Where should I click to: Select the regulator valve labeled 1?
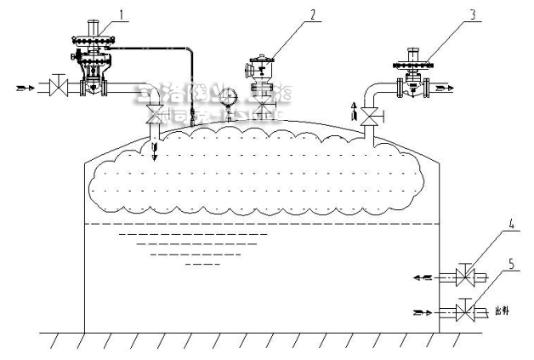(95, 64)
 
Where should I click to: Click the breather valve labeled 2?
(263, 77)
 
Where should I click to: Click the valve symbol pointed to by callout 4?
(464, 277)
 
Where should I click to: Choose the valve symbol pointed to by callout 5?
(464, 312)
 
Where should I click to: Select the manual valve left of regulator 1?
(58, 86)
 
